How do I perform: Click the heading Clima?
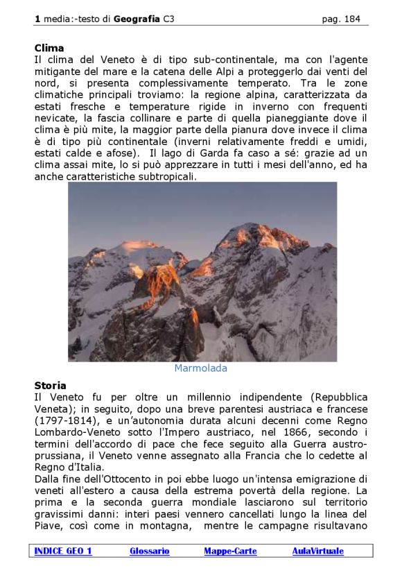click(x=49, y=48)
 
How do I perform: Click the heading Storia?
click(x=51, y=385)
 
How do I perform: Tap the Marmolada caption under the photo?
click(x=200, y=368)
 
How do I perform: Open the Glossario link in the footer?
click(x=150, y=551)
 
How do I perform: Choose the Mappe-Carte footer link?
click(x=230, y=551)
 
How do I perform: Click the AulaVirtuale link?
click(x=317, y=551)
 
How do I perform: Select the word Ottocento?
click(x=110, y=479)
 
